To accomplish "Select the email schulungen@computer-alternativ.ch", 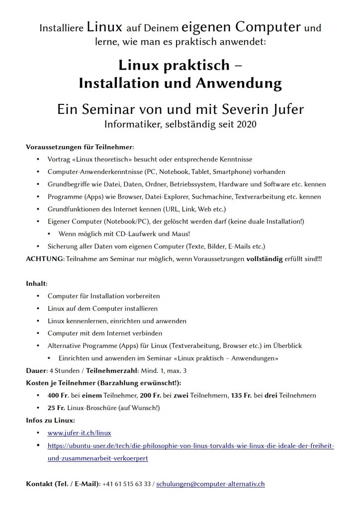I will coord(210,483).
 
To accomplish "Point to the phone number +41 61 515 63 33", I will coord(126,483).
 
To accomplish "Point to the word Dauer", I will coord(36,370).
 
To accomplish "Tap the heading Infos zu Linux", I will coord(47,421).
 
